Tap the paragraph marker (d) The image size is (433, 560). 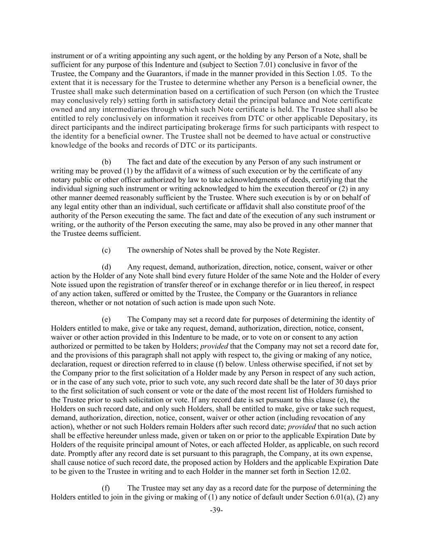click(106, 267)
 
